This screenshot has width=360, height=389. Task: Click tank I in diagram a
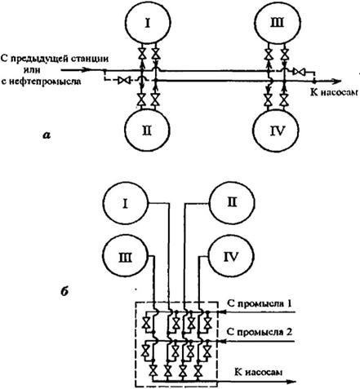click(x=148, y=23)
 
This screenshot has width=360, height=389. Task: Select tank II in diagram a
click(x=147, y=130)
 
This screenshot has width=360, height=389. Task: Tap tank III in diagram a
click(x=278, y=23)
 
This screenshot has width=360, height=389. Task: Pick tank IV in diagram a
click(x=276, y=130)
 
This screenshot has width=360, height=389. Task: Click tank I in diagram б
click(x=126, y=203)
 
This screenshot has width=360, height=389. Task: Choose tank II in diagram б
click(x=232, y=202)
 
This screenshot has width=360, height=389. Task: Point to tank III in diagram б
click(x=126, y=257)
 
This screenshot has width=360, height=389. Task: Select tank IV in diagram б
click(x=231, y=256)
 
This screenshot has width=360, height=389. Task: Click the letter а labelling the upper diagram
click(x=47, y=135)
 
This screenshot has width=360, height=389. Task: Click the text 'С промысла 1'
click(x=260, y=303)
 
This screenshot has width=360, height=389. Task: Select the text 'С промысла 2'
click(x=260, y=332)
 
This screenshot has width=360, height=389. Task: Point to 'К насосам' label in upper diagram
click(x=334, y=92)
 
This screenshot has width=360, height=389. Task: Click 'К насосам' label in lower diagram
click(x=258, y=372)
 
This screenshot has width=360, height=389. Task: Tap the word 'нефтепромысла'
click(x=41, y=82)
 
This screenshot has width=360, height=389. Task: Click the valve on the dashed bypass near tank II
click(x=124, y=80)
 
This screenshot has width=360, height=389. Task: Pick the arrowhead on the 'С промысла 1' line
click(x=222, y=312)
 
